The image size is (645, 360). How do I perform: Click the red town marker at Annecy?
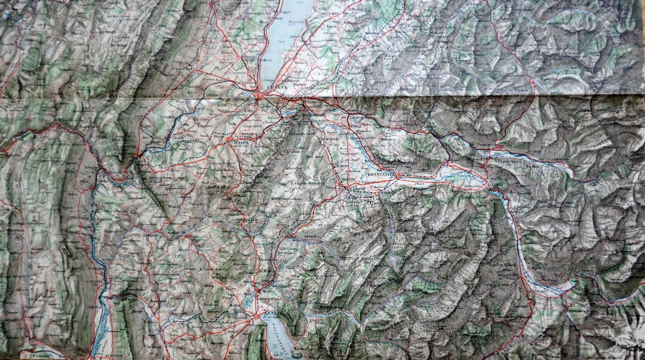pyautogui.click(x=256, y=317)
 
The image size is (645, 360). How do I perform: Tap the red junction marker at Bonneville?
pyautogui.click(x=397, y=175)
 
